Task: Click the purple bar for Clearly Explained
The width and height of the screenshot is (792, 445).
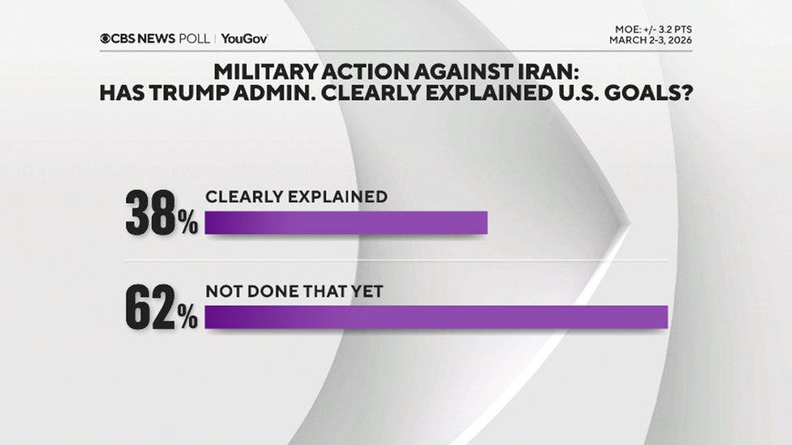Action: tap(345, 222)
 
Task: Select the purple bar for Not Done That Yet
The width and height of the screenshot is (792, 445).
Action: tap(435, 317)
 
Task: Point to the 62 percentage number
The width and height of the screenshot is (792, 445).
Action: tap(151, 309)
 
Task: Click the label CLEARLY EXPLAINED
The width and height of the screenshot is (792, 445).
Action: tap(296, 197)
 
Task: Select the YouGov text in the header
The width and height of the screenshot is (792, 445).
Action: tap(244, 38)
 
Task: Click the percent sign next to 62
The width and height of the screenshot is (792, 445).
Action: tap(188, 318)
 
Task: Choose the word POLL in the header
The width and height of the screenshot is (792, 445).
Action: tap(193, 38)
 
